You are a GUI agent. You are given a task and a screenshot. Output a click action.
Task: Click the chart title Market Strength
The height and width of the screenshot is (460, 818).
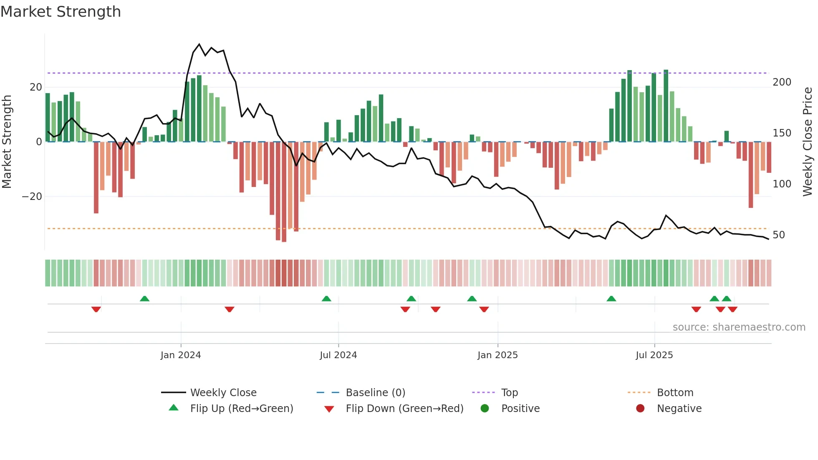(61, 12)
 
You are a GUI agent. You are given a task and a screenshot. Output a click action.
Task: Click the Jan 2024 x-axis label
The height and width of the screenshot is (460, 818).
(181, 355)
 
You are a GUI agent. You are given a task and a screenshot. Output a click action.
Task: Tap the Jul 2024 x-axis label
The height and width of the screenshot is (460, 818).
(338, 355)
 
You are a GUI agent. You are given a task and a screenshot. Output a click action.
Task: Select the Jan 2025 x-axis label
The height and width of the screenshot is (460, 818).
(497, 355)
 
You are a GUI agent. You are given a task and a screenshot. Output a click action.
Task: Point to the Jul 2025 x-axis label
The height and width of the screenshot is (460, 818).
(654, 355)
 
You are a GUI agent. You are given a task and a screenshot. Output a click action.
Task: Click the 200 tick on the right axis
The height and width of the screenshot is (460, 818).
(782, 82)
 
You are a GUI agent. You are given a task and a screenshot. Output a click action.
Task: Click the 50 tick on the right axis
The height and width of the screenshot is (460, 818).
(779, 235)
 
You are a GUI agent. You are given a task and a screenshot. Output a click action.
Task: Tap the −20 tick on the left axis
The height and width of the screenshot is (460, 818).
(32, 197)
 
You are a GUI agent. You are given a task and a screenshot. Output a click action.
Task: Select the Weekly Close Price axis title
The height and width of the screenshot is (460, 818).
(808, 142)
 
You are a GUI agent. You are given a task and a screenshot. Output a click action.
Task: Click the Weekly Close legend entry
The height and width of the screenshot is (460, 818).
(223, 393)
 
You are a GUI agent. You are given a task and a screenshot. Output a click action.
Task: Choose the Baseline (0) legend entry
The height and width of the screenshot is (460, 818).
(375, 393)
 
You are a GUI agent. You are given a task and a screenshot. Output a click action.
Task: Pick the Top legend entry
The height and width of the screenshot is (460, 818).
(510, 393)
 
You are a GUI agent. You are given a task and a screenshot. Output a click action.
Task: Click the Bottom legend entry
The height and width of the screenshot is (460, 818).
(675, 393)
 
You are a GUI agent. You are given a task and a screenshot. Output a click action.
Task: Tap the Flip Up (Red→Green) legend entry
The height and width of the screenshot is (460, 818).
(242, 409)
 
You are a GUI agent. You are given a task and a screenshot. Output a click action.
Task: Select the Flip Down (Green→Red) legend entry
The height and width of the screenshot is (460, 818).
(404, 409)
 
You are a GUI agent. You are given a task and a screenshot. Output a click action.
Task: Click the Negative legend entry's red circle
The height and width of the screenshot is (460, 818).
(640, 408)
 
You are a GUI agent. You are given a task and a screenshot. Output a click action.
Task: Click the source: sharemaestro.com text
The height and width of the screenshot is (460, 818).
(739, 327)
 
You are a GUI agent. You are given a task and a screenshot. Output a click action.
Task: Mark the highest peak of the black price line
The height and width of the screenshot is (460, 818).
(199, 44)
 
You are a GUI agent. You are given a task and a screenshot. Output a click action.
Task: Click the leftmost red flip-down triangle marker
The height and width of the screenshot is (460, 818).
(96, 309)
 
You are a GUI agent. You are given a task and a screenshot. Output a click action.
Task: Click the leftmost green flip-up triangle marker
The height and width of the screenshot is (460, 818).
(144, 298)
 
